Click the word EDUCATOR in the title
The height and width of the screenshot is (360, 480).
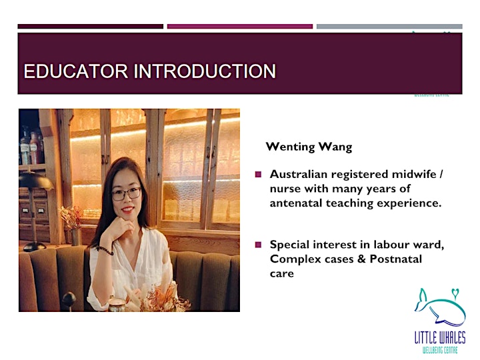tap(75, 71)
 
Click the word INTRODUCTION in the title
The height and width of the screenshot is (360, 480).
tap(205, 71)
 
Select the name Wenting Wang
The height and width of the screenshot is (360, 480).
tap(309, 147)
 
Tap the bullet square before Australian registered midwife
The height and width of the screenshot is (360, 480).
tap(258, 175)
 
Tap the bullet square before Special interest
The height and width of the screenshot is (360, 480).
tap(258, 245)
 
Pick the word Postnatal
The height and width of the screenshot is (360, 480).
tap(396, 259)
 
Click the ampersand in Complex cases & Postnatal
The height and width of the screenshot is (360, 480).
tap(361, 259)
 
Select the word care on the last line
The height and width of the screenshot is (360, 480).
tap(281, 274)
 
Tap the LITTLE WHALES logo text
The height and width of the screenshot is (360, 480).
tap(440, 337)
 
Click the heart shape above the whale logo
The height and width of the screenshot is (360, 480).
tap(455, 293)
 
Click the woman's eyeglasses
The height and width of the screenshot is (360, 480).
tap(127, 194)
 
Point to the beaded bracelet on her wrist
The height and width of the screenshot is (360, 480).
tap(105, 251)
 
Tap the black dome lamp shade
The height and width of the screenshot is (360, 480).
tap(36, 181)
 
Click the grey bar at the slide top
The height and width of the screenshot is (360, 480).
tap(389, 27)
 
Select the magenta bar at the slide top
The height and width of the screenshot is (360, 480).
tap(240, 27)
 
